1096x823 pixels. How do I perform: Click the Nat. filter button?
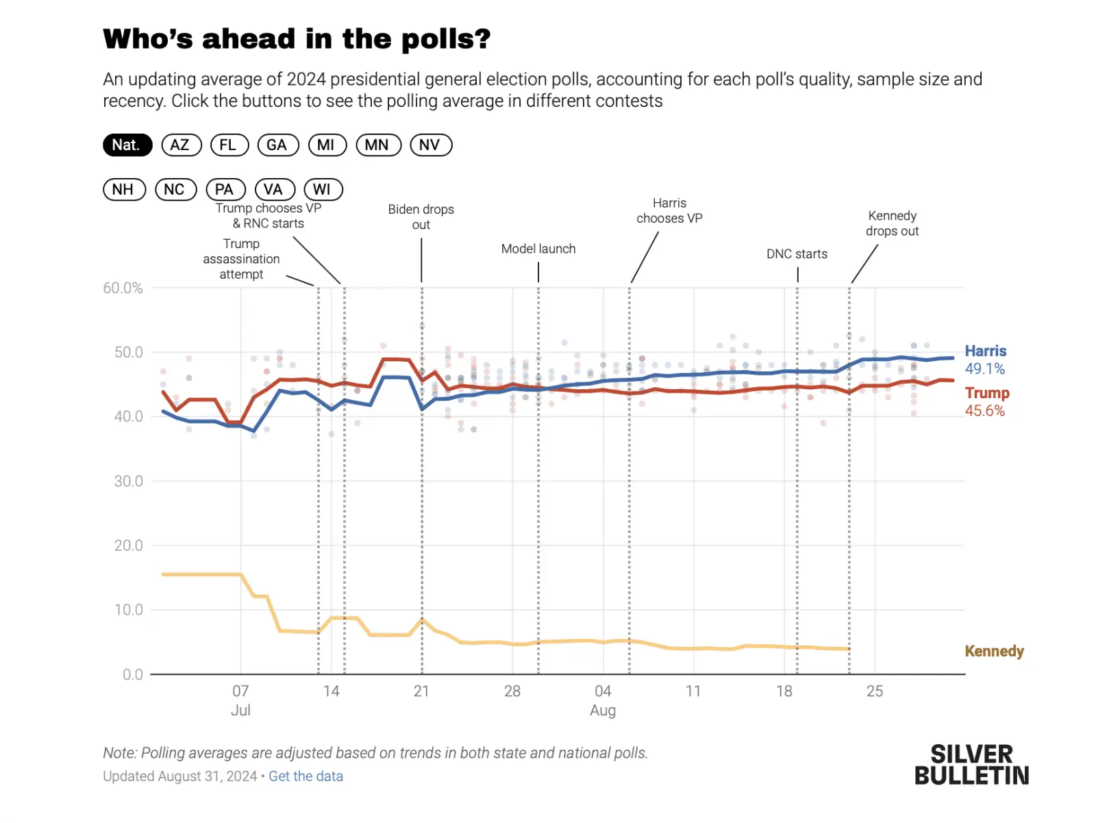click(x=127, y=145)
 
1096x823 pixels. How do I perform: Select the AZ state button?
click(x=181, y=145)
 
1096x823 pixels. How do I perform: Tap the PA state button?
click(x=225, y=189)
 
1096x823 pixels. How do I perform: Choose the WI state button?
click(x=323, y=189)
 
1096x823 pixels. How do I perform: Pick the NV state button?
click(x=430, y=145)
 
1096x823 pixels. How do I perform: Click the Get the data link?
click(x=306, y=776)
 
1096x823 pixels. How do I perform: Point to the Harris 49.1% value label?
click(x=985, y=369)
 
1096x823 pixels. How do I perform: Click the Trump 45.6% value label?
click(x=985, y=411)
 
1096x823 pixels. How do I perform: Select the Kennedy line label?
click(x=994, y=651)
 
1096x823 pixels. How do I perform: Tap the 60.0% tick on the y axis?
click(x=123, y=288)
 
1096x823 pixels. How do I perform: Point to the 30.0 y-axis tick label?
click(x=128, y=481)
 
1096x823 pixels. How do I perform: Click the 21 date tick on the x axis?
click(x=421, y=691)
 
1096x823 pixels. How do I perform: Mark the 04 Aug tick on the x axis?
click(x=603, y=700)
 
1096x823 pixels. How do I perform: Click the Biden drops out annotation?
click(x=421, y=217)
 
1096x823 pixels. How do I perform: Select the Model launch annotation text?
click(x=538, y=249)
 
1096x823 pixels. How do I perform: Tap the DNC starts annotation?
click(x=797, y=254)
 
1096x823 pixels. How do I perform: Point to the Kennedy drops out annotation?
click(x=892, y=223)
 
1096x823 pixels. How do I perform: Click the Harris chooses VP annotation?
click(x=669, y=211)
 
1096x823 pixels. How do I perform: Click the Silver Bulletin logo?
click(x=971, y=765)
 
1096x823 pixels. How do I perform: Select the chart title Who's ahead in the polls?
click(x=297, y=39)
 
